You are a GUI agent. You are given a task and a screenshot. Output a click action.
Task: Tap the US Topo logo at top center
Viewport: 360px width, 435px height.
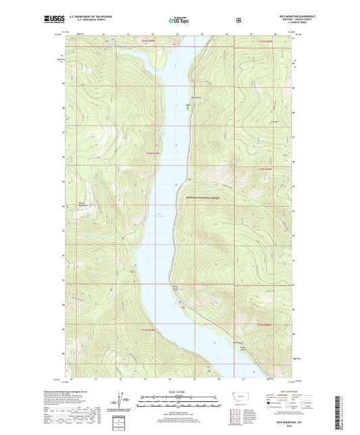(179, 20)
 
